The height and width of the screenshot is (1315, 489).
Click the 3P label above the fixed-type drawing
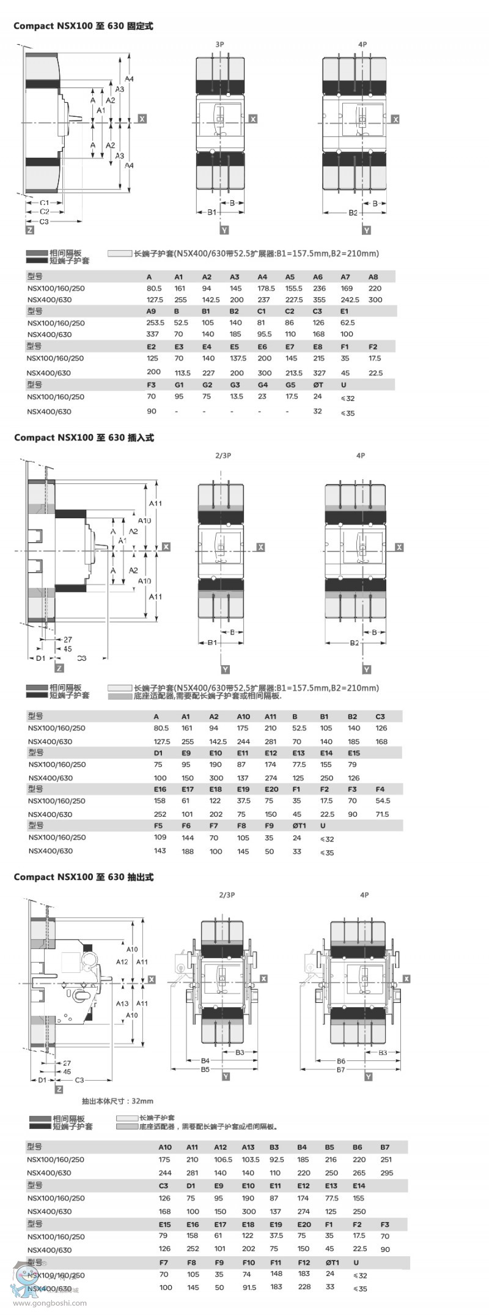(219, 45)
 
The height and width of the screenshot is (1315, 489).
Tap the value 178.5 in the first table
(266, 288)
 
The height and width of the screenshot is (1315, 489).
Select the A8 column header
(373, 277)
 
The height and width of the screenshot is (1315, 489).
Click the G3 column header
(235, 385)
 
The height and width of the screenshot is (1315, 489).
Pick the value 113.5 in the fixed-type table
(183, 373)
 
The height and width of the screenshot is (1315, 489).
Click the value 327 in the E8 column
(319, 373)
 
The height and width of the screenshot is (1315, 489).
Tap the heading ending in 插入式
(84, 438)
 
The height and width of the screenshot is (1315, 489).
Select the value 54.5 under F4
(383, 800)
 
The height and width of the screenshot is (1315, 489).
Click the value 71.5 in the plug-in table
(383, 814)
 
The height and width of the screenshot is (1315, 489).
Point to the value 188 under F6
(187, 851)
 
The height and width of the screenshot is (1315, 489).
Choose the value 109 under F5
(160, 837)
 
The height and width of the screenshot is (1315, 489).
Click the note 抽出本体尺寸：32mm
(117, 1101)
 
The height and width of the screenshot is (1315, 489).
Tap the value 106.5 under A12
(223, 1159)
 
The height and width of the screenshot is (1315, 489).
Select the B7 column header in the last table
(384, 1147)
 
